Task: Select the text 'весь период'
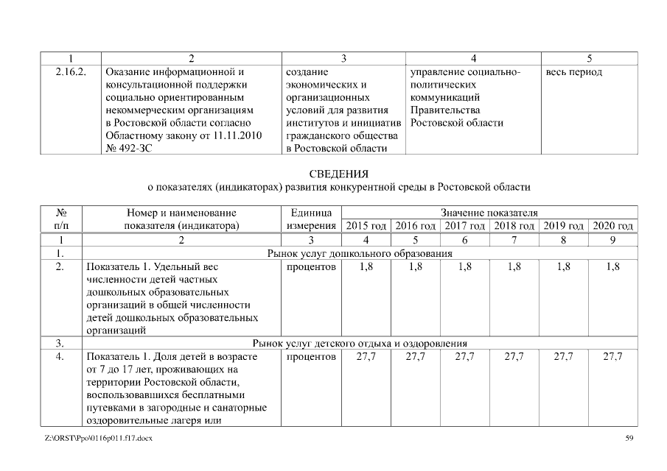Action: coord(574,72)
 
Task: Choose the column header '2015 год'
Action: coord(366,225)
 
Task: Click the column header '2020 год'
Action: coord(613,225)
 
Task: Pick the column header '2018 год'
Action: coord(514,225)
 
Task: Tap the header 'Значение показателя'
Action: coord(489,213)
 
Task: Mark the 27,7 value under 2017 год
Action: coord(465,356)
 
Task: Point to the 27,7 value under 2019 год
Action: coord(564,356)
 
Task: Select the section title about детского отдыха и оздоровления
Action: coord(360,343)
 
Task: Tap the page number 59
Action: coord(629,439)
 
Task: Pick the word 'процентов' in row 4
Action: coord(311,356)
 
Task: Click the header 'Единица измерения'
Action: coord(311,219)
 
